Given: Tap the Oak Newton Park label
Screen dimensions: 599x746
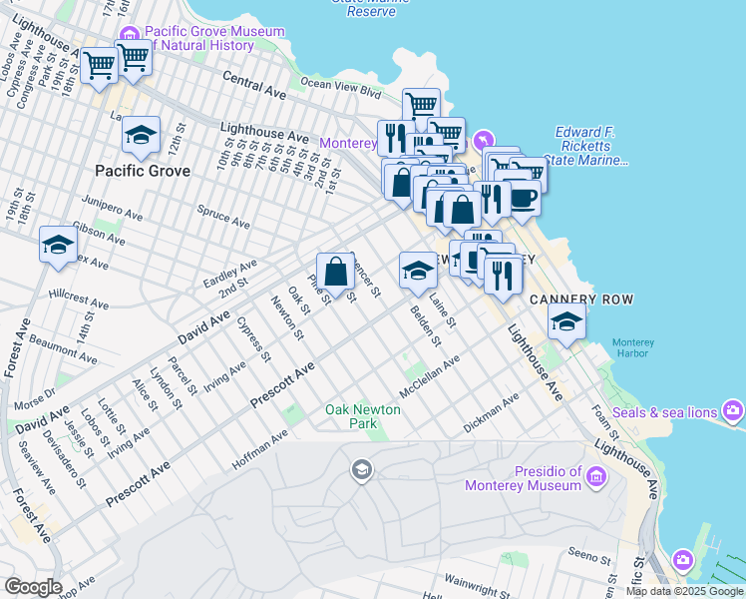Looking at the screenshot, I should [x=363, y=416].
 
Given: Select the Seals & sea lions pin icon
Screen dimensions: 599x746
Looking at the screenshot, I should [x=734, y=410].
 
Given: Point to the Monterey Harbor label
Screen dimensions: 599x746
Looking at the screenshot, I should [x=632, y=348].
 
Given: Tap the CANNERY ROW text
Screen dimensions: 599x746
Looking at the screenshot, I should [x=581, y=299].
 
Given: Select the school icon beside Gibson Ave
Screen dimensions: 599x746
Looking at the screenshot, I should [x=58, y=245].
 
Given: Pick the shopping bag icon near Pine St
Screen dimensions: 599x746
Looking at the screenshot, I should [x=336, y=271].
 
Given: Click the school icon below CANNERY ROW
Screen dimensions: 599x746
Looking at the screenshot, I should [x=566, y=321].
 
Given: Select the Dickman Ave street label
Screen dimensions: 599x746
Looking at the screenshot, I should [x=492, y=413].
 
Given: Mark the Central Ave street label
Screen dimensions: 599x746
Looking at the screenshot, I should [x=254, y=83].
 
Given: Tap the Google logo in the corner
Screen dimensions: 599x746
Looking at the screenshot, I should [x=32, y=587].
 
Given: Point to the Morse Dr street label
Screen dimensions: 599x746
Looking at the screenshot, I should [x=36, y=397].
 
